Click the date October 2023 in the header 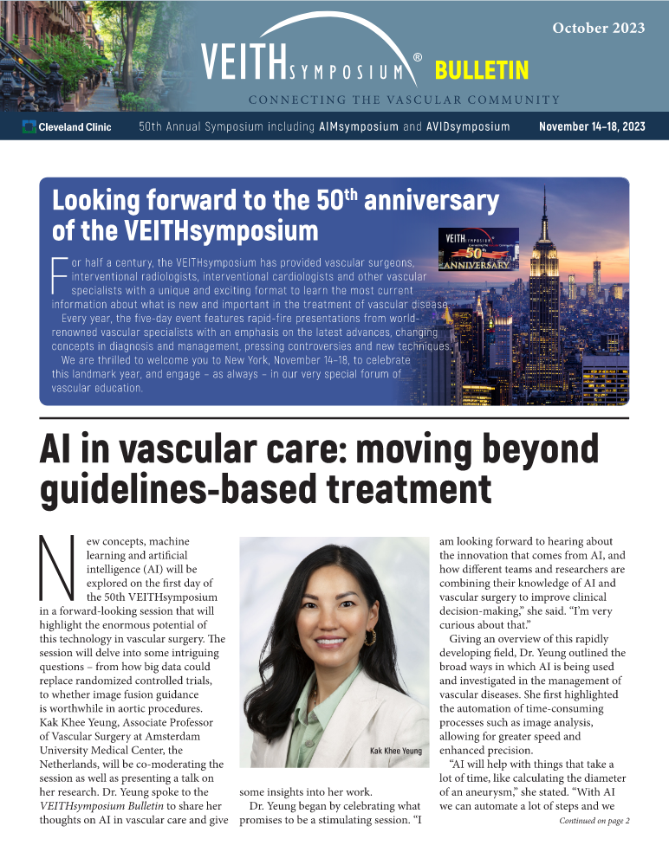pos(599,28)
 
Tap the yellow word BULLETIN pos(482,70)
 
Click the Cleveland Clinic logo pos(67,127)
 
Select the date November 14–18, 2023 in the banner pos(592,127)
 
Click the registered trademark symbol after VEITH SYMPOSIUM pos(418,58)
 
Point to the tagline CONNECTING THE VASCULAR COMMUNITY pos(404,99)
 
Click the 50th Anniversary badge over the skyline pos(480,249)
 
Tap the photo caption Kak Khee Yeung pos(395,751)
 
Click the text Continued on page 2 pos(594,821)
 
